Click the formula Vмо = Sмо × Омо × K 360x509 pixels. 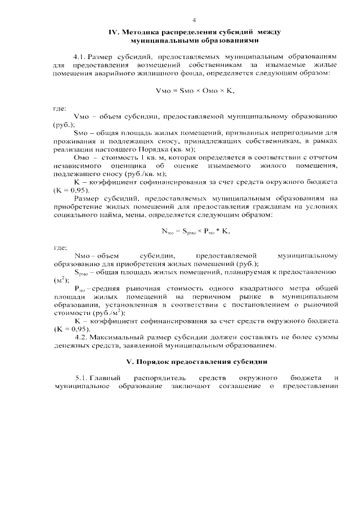pos(195,91)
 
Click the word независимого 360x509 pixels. pos(76,166)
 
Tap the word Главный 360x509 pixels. pos(107,378)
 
